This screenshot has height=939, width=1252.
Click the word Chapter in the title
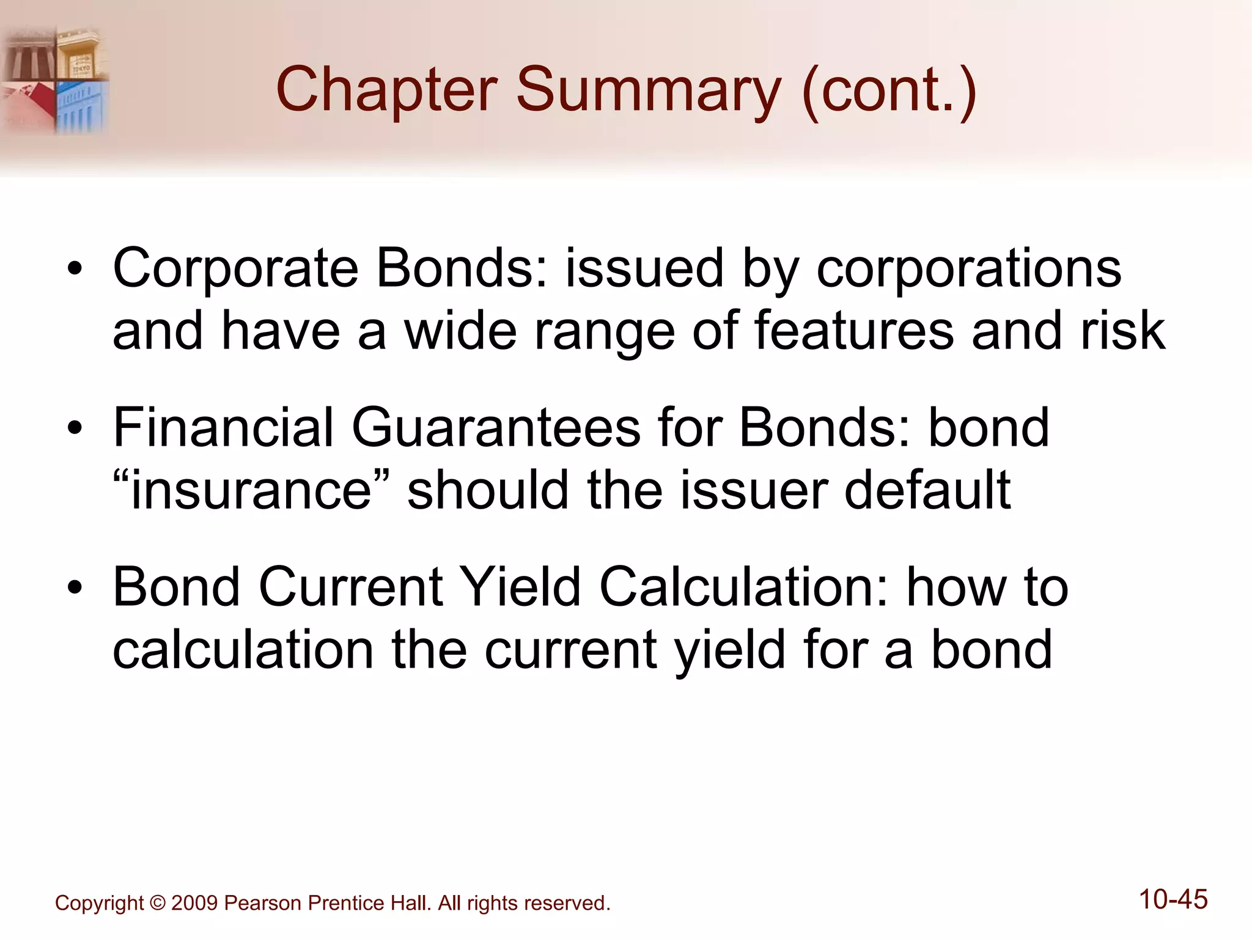386,90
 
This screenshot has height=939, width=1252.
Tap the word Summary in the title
648,90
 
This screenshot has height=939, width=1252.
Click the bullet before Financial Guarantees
75,429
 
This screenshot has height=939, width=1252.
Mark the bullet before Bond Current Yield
75,587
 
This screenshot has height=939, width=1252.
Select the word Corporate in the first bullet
235,270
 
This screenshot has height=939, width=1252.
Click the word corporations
969,270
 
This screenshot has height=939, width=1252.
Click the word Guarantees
496,428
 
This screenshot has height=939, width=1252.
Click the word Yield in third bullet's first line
520,587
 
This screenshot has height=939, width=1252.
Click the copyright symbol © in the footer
157,903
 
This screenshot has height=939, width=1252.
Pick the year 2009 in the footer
194,903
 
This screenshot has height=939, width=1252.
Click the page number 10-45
1173,899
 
